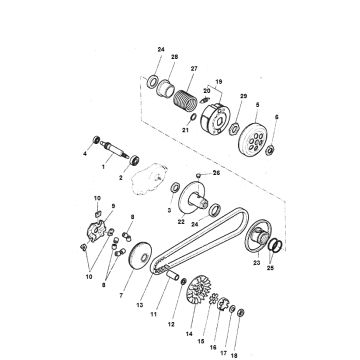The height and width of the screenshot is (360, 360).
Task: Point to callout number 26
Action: coord(216,172)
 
